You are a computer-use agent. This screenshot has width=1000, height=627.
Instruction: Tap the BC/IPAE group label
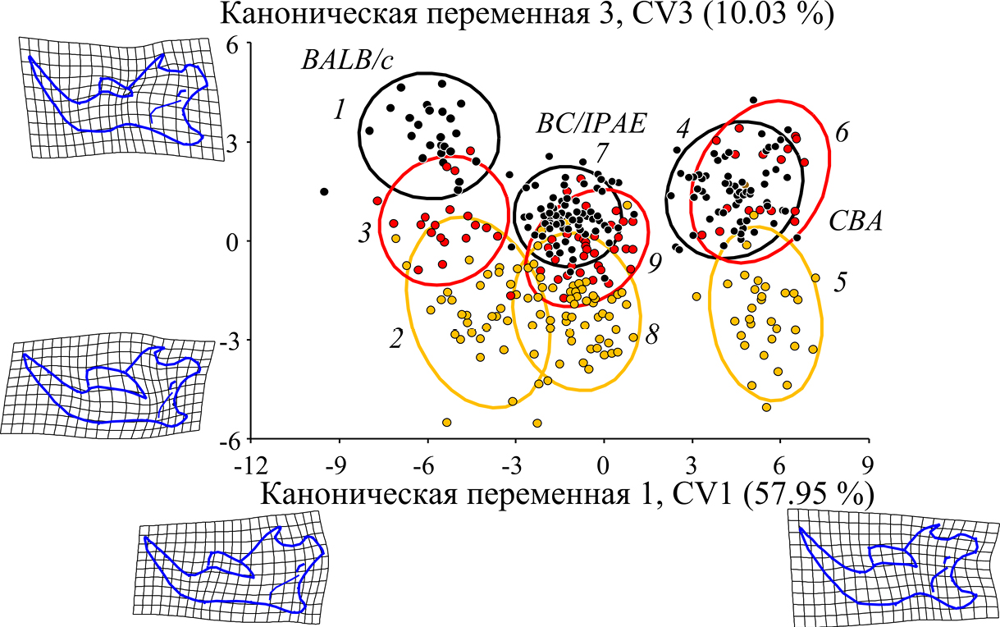click(590, 124)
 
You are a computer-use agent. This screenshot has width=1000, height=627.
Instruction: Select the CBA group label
click(853, 222)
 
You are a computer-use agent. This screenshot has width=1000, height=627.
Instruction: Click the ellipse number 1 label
click(337, 109)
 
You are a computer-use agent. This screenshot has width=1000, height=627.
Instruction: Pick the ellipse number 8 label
click(653, 336)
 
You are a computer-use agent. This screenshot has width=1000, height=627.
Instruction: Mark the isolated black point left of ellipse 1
click(324, 192)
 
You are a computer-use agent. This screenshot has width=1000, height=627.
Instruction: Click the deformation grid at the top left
click(115, 98)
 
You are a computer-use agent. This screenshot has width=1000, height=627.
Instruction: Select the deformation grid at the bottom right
click(890, 566)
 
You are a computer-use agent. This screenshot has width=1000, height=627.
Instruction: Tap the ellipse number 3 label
click(363, 234)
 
